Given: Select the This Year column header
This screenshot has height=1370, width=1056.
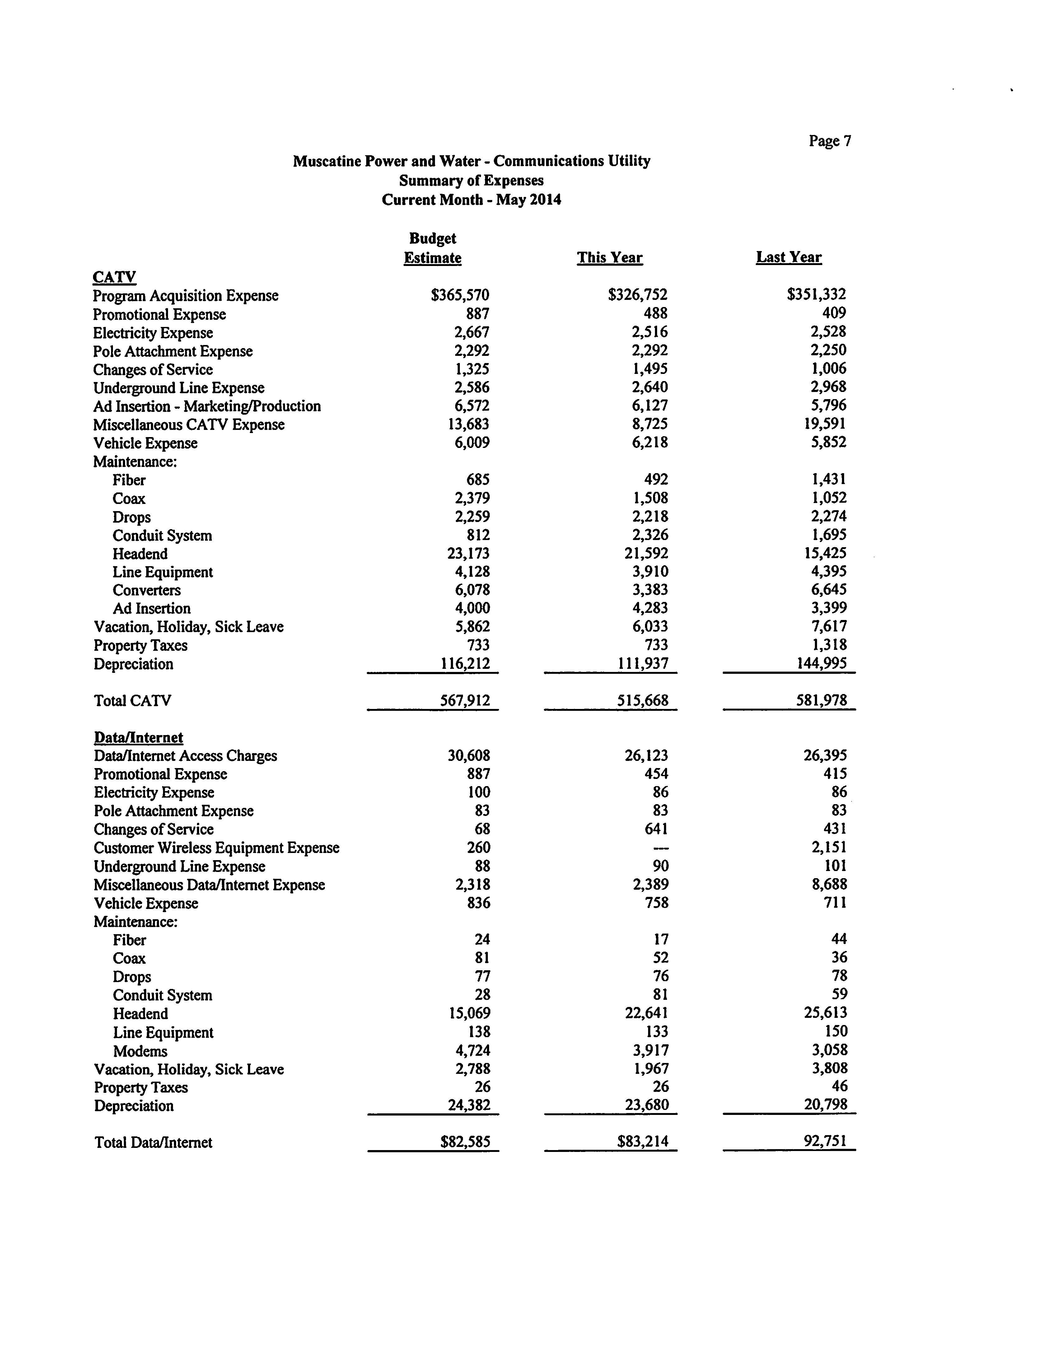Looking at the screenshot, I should click(x=609, y=258).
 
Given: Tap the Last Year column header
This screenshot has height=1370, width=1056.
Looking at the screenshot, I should click(x=788, y=257).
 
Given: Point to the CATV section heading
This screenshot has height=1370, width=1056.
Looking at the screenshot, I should click(x=114, y=277).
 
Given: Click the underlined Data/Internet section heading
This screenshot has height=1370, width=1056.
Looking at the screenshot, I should click(x=138, y=737).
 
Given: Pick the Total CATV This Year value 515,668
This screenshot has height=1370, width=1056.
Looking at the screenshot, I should click(x=642, y=701).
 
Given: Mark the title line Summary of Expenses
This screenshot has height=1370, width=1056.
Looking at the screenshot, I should click(x=471, y=181).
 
